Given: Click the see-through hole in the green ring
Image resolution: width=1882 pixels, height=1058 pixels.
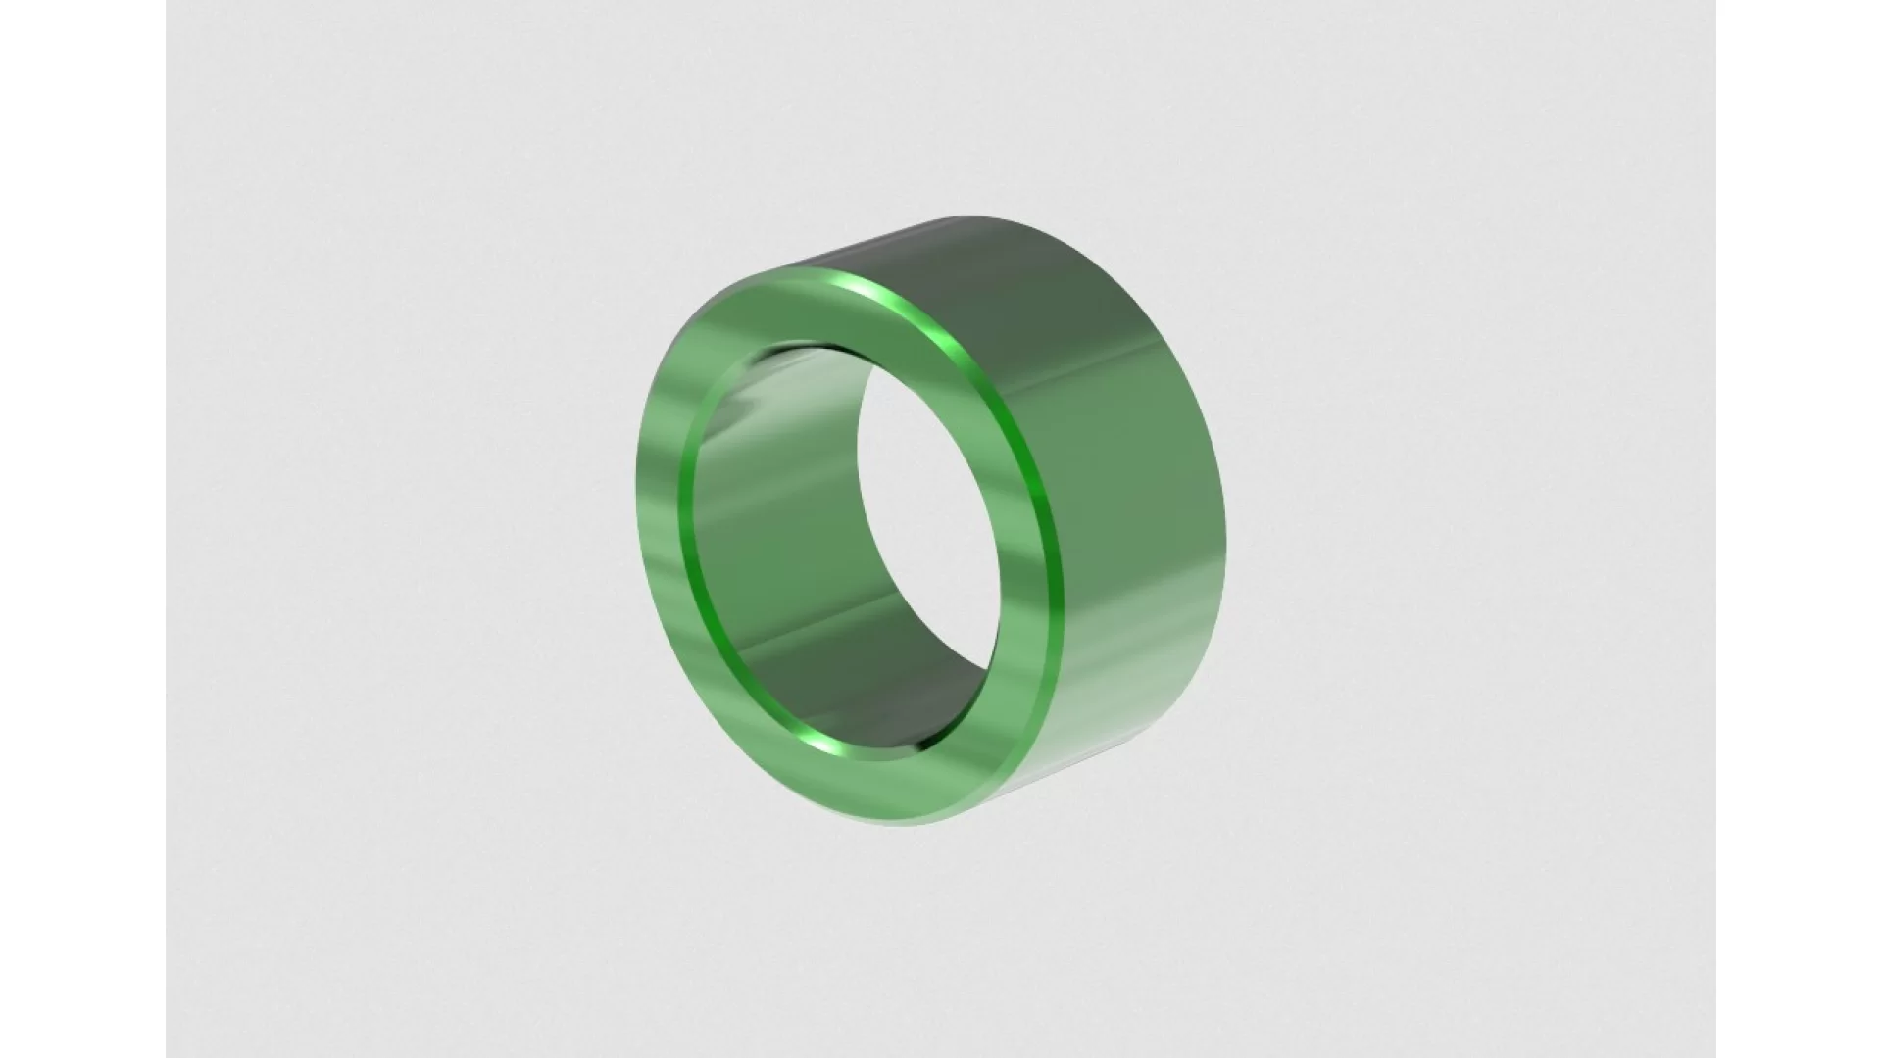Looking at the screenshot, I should (x=926, y=519).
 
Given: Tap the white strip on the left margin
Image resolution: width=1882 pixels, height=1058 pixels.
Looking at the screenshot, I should (x=82, y=529).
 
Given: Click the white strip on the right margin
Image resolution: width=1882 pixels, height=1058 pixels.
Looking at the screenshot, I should (x=1799, y=529).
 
